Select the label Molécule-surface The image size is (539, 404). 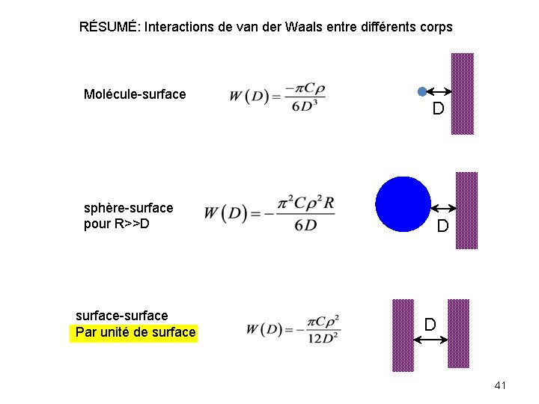point(135,94)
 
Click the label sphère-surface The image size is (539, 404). point(128,207)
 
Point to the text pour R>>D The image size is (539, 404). point(117,223)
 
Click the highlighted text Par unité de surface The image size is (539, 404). point(135,332)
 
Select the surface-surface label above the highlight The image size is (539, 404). point(122,316)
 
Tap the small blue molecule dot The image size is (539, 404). point(422,91)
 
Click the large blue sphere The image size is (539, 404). point(404,205)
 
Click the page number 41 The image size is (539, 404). point(501,385)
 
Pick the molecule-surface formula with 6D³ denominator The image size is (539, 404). point(277,96)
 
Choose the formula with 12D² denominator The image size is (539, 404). point(293,328)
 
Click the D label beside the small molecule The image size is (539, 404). point(438,109)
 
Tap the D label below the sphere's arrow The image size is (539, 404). point(443,226)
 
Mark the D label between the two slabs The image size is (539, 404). point(430,324)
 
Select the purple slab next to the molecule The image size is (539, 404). point(463,94)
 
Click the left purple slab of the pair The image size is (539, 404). point(403,334)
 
